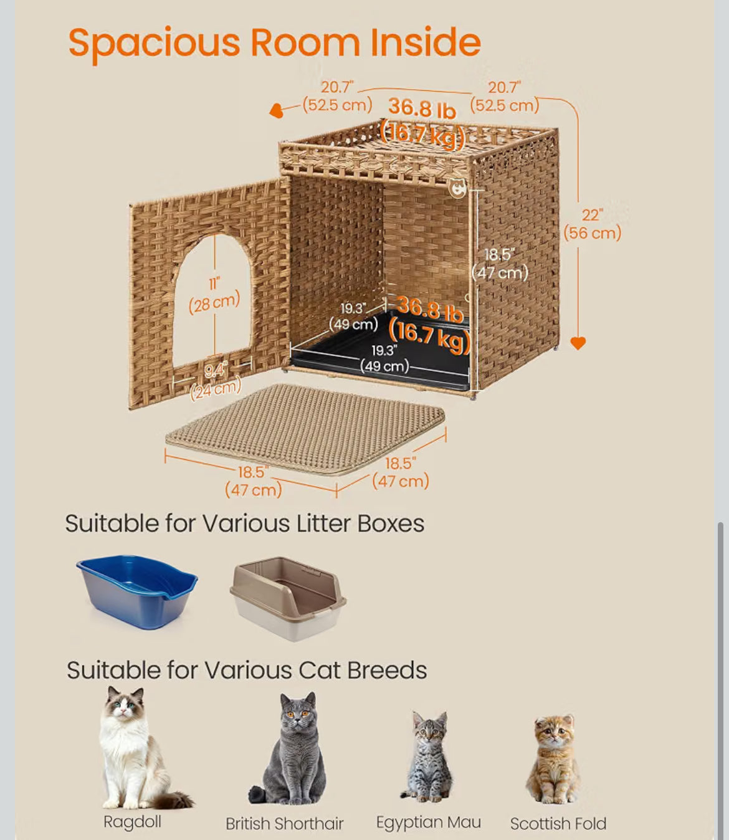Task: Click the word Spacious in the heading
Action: (155, 44)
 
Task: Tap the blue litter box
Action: (137, 591)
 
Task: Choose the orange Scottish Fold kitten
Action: (554, 759)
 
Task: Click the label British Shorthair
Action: (285, 824)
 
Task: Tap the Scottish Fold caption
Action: (558, 824)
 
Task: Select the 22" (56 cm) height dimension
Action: (593, 224)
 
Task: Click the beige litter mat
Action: (305, 429)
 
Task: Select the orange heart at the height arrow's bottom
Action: (578, 343)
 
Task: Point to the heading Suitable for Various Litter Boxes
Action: (245, 524)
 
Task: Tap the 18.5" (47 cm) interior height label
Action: (500, 264)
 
